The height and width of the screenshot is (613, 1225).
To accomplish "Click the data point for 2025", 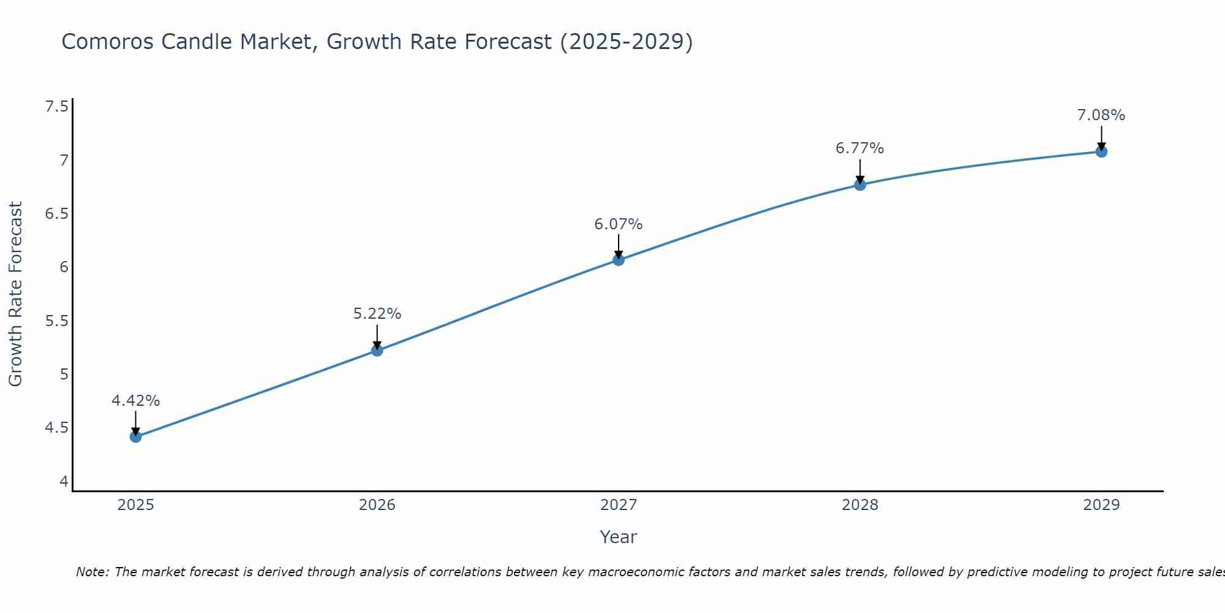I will click(136, 436).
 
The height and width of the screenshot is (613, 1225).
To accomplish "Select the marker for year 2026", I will click(377, 350).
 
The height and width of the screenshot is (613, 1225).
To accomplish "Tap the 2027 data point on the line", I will click(619, 259).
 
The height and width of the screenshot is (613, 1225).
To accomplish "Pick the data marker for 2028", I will click(860, 185).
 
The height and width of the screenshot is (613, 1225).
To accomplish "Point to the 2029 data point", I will click(1101, 151).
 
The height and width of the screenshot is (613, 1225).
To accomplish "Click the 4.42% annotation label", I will click(136, 401).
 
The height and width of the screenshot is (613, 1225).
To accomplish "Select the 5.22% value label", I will click(377, 314).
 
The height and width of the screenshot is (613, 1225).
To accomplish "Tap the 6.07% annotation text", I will click(619, 224).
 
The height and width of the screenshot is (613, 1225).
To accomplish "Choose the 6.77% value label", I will click(860, 148).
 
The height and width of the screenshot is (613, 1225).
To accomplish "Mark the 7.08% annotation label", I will click(1101, 115).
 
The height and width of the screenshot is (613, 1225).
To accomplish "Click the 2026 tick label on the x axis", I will click(377, 505).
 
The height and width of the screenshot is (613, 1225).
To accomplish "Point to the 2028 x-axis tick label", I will click(860, 505).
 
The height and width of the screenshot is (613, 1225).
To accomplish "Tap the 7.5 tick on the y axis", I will click(56, 107).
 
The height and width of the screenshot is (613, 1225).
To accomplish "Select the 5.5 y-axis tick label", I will click(56, 321).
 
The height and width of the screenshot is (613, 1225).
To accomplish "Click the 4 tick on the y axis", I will click(64, 482).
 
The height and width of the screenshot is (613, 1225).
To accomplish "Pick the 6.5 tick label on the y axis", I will click(56, 214).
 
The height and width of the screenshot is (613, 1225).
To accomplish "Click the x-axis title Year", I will click(619, 537).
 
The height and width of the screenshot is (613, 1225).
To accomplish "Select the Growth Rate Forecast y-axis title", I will click(16, 294).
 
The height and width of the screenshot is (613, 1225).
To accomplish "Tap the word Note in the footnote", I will click(92, 572).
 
